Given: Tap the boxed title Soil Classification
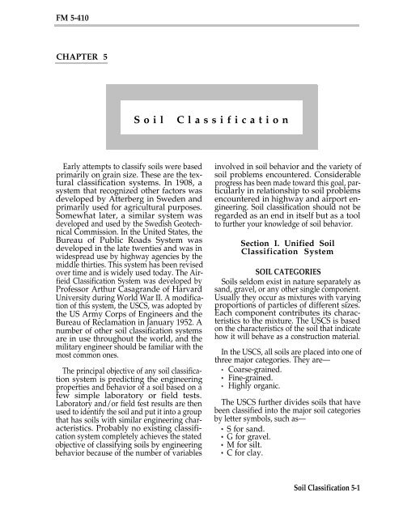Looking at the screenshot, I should click(201, 119).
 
